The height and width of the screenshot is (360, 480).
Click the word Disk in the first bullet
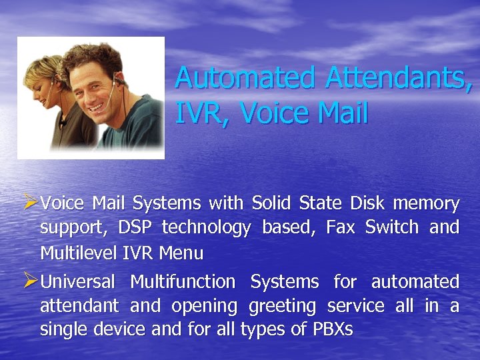(x=366, y=203)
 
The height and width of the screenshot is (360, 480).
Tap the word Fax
(x=340, y=227)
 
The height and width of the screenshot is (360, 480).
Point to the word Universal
(x=77, y=282)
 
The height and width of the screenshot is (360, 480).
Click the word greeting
(x=282, y=307)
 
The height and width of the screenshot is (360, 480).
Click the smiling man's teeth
(x=99, y=105)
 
